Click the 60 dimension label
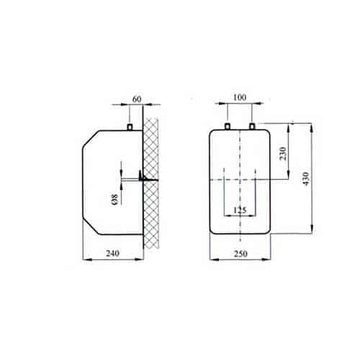(x=137, y=99)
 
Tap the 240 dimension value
(x=112, y=253)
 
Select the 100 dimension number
(x=240, y=97)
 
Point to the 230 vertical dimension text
(x=283, y=153)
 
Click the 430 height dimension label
(x=306, y=179)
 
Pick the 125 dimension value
(x=240, y=210)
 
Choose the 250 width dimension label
(x=240, y=253)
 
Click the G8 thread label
(x=115, y=199)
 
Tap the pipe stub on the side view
(x=130, y=127)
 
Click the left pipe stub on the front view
(x=227, y=126)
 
